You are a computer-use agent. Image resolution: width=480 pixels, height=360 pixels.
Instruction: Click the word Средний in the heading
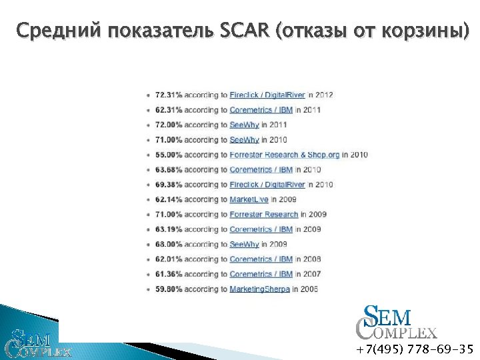click(55, 31)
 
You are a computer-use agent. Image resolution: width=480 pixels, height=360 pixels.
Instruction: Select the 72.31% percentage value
click(168, 95)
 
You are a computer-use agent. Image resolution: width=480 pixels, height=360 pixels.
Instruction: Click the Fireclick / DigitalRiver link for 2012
click(267, 95)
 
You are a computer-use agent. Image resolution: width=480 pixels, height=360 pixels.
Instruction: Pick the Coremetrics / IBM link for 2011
click(261, 110)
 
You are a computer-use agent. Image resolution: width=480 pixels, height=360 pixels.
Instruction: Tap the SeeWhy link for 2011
click(244, 125)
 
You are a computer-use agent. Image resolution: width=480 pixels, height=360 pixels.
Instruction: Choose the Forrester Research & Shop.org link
click(285, 155)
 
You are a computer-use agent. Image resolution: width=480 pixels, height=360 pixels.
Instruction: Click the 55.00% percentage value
click(168, 155)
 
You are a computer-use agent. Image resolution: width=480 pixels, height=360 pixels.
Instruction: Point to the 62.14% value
click(168, 199)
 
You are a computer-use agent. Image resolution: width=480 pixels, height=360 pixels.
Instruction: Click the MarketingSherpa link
click(259, 289)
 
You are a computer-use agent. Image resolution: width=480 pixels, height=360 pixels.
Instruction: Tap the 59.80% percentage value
click(168, 289)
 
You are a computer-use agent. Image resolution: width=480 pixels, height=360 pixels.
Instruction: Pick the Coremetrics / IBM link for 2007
click(261, 274)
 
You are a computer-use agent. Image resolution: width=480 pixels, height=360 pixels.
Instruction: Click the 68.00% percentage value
click(168, 245)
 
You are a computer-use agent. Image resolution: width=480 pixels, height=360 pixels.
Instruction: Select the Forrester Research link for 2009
click(264, 215)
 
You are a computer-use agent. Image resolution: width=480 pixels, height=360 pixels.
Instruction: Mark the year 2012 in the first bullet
click(324, 95)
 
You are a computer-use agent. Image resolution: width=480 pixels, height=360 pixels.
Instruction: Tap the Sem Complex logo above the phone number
click(396, 323)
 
